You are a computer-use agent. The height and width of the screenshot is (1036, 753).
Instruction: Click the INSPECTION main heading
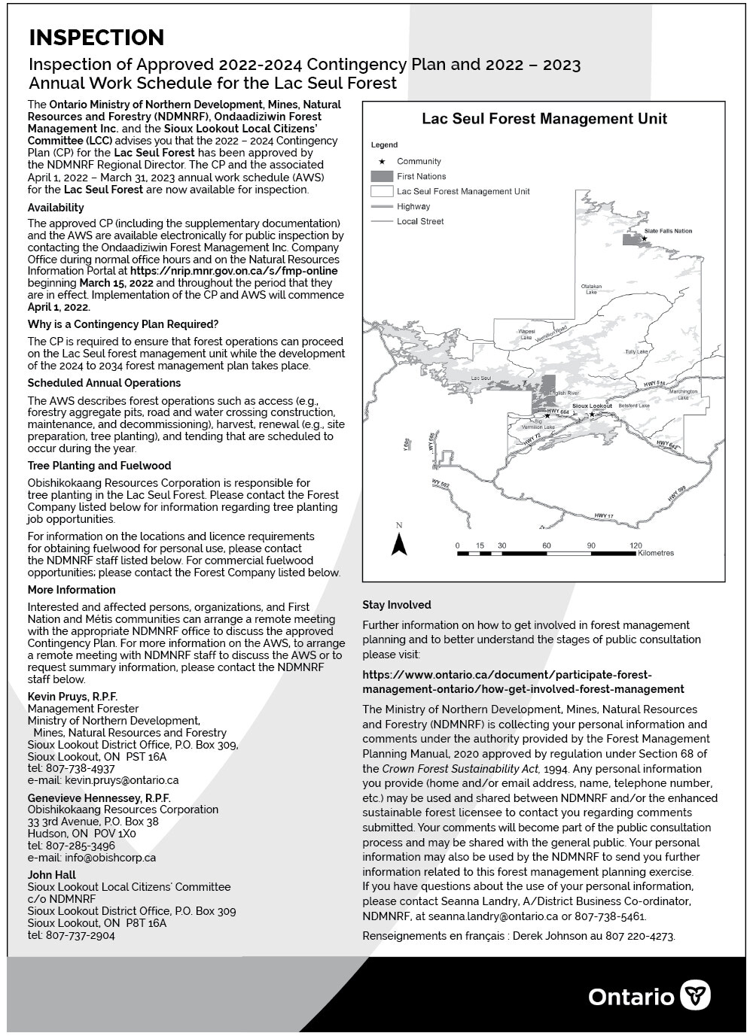[96, 38]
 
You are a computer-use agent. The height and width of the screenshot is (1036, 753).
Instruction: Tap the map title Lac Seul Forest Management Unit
[544, 119]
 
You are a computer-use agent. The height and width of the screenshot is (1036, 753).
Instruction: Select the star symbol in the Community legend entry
[383, 161]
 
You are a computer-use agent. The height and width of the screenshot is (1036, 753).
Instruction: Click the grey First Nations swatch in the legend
[382, 176]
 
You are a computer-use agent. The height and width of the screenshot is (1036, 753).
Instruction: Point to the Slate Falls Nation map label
[667, 231]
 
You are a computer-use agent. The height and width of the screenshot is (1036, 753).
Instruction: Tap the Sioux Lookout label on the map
[592, 406]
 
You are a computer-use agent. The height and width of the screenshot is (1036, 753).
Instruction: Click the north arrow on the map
[399, 542]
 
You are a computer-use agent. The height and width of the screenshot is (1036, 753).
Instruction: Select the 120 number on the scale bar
[636, 545]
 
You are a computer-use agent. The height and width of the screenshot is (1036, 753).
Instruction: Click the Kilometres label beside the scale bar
[655, 553]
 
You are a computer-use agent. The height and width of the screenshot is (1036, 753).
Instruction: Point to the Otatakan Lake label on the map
[591, 289]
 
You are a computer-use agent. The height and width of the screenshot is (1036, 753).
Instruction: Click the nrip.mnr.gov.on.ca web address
[233, 271]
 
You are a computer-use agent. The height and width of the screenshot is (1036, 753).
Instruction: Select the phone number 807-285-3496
[81, 846]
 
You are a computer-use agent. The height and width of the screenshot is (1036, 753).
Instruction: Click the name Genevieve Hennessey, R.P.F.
[99, 798]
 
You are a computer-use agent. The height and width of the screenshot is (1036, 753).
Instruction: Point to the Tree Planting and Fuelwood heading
[99, 466]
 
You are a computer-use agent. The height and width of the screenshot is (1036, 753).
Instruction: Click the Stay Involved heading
[396, 605]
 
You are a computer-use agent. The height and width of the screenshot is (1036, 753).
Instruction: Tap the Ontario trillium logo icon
[695, 995]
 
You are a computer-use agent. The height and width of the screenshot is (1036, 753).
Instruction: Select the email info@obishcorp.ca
[110, 858]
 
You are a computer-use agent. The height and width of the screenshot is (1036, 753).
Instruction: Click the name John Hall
[52, 875]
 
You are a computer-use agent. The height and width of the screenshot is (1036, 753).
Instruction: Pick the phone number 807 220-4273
[640, 937]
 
